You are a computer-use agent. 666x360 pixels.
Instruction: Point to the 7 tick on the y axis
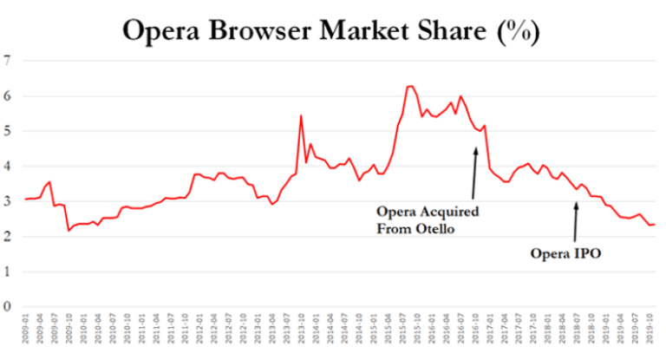(8, 61)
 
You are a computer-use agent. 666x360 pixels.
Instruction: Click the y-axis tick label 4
(8, 166)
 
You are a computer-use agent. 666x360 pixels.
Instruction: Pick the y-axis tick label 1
(8, 272)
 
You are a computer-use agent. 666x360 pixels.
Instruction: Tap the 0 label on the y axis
(8, 306)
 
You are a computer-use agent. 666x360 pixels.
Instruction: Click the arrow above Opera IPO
(575, 221)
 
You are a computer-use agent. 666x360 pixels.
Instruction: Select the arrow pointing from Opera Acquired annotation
(474, 173)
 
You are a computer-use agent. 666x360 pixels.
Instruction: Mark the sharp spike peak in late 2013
(300, 115)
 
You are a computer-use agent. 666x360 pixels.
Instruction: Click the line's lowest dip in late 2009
(69, 230)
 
